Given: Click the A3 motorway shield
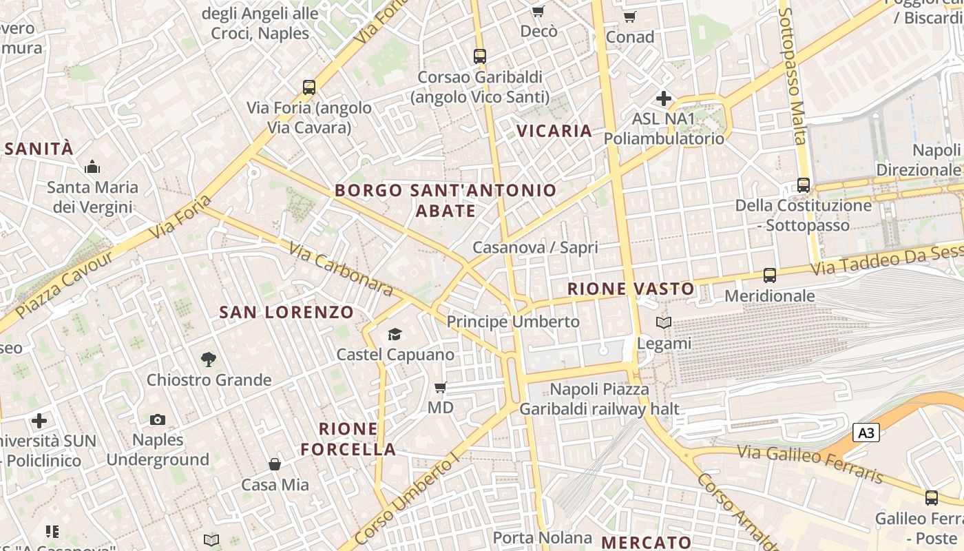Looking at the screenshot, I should (x=866, y=433).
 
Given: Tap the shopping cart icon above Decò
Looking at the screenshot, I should (x=538, y=11).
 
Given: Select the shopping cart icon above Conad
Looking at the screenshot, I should (x=629, y=17).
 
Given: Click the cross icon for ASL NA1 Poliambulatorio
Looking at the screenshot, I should (x=664, y=98).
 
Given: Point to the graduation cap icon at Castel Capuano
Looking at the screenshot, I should (x=395, y=334).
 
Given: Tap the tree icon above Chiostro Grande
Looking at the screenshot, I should (x=209, y=359).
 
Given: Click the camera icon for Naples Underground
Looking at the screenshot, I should (x=158, y=419).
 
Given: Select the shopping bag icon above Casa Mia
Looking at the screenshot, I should (x=275, y=464).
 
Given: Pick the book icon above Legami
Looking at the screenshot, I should (x=664, y=322).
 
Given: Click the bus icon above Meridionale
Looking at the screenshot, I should (x=770, y=275).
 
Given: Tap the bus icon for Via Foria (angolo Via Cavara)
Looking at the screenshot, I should (x=309, y=87).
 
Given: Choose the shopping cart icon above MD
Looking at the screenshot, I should (x=441, y=387).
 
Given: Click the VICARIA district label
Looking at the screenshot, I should (x=554, y=131).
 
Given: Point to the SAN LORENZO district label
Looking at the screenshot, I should (x=286, y=312).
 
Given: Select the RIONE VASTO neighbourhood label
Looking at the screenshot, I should (x=631, y=289).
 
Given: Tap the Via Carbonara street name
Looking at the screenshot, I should (x=341, y=269).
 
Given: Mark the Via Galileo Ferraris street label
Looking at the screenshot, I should (x=810, y=464).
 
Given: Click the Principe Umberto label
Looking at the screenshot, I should (x=513, y=322).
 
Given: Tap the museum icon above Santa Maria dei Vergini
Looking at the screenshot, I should (x=92, y=167).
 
